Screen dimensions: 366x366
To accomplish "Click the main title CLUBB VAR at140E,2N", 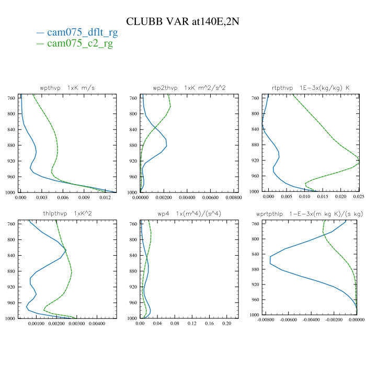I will coord(182,21).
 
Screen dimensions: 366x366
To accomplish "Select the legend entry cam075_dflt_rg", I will coord(82,32).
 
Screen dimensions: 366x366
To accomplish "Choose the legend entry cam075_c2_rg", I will coord(79,43).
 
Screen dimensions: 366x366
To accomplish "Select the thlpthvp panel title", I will coord(63,213).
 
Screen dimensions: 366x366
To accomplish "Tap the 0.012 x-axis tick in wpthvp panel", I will coord(105,198).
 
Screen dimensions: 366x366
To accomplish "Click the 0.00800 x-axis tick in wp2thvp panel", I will coord(233,198).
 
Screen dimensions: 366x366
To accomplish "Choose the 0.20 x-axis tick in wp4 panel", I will coord(226,324).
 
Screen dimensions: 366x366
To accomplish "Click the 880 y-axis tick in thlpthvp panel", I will coord(12,271).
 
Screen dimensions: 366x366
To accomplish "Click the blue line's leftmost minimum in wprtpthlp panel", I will coord(270,259).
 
